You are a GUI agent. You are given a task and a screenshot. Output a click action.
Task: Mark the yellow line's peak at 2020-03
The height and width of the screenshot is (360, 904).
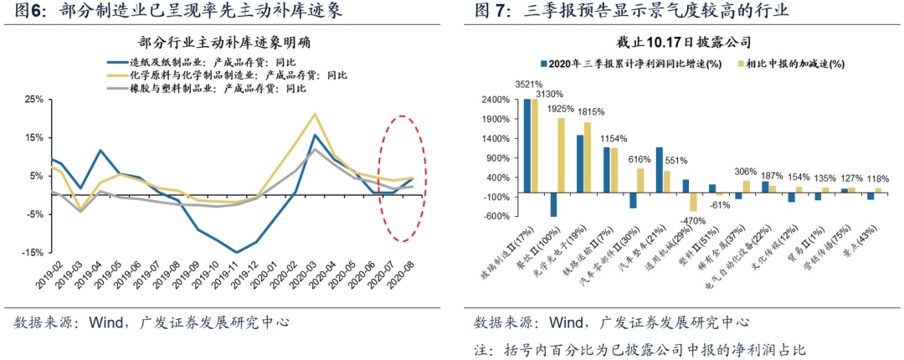point(316,114)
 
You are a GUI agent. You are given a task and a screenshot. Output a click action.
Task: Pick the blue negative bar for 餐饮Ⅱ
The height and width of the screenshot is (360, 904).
point(553,204)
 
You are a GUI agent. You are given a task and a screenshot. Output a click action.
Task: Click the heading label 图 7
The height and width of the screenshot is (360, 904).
point(492,12)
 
